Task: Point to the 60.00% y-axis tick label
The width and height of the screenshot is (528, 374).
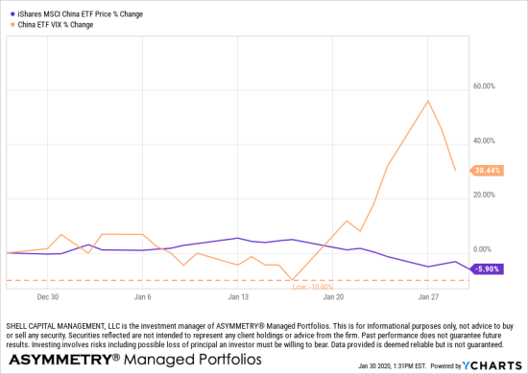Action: click(x=481, y=86)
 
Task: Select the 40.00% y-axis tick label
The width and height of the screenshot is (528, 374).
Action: click(x=481, y=141)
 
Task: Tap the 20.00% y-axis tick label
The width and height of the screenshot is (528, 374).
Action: click(x=481, y=195)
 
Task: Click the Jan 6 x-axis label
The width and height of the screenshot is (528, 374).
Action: click(x=142, y=297)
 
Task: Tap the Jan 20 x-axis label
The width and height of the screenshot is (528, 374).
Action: click(x=333, y=297)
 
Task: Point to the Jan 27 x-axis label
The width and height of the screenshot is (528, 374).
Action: click(x=428, y=297)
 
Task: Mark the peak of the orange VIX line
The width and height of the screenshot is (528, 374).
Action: click(x=427, y=101)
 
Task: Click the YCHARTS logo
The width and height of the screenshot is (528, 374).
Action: click(x=493, y=365)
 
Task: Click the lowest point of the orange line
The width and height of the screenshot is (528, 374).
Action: click(x=293, y=280)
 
